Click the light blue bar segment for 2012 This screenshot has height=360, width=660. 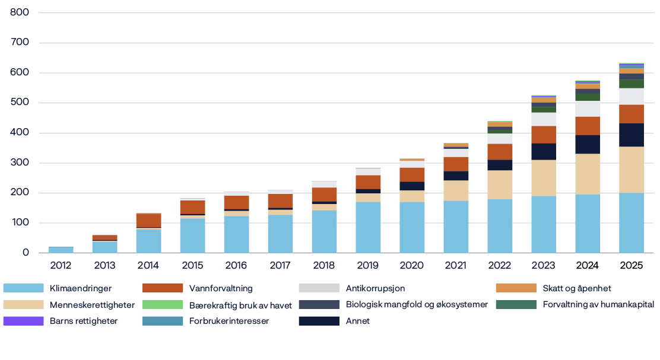[61, 250]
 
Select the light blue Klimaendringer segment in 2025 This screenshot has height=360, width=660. [631, 222]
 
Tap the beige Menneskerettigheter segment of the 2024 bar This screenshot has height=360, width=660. [587, 174]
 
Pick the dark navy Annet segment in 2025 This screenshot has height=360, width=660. [631, 135]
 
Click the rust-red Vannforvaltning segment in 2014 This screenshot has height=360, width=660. [148, 220]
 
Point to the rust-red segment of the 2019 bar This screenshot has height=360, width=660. [368, 181]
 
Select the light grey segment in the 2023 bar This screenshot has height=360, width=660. [543, 119]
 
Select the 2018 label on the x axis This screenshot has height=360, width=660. [323, 265]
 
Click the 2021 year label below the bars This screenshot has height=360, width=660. [455, 265]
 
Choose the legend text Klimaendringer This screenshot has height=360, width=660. [81, 288]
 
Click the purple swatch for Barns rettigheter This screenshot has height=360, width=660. [23, 321]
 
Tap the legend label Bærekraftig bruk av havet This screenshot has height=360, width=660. [240, 305]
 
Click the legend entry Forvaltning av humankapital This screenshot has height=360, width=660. [598, 305]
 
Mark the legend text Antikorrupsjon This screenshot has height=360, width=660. [375, 288]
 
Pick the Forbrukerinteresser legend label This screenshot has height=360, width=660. [229, 321]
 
